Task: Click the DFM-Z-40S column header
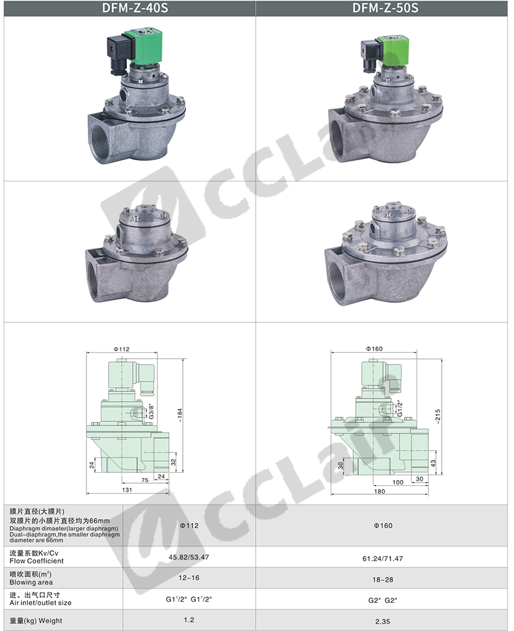[135, 8]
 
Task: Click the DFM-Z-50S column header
[385, 8]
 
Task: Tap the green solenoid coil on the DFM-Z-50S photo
[392, 50]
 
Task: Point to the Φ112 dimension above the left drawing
[122, 349]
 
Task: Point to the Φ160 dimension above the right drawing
[375, 348]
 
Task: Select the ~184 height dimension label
[180, 415]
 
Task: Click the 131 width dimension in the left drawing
[127, 490]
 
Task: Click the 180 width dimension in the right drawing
[379, 492]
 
